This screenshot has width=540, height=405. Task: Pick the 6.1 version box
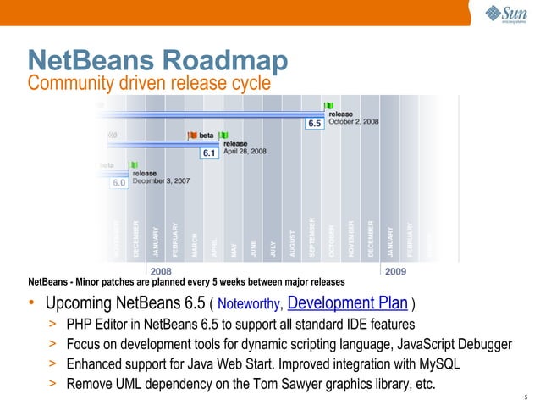click(209, 153)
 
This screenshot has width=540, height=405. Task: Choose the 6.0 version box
click(119, 182)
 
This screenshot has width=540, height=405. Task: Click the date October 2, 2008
click(354, 122)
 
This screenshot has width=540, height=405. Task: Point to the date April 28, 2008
click(245, 152)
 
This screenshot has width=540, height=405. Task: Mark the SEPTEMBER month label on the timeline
click(311, 239)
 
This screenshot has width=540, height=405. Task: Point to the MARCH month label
click(195, 245)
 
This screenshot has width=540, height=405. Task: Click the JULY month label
click(273, 247)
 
